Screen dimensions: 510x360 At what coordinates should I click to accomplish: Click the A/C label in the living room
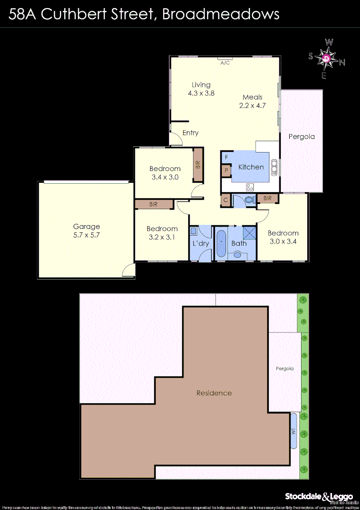(x=225, y=62)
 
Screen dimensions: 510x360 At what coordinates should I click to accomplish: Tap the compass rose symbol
(x=327, y=59)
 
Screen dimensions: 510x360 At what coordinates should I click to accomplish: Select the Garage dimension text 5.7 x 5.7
(x=86, y=235)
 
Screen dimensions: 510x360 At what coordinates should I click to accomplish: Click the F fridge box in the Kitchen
(x=226, y=157)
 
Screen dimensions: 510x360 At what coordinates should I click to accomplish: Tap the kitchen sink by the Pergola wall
(x=274, y=167)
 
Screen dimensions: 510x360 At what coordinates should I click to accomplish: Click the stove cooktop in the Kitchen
(x=250, y=186)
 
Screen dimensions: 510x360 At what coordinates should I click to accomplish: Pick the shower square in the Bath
(x=249, y=232)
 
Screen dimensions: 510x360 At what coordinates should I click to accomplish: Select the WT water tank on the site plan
(x=294, y=431)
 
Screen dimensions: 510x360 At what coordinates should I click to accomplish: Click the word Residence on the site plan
(x=214, y=393)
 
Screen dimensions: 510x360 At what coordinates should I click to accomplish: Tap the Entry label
(x=191, y=133)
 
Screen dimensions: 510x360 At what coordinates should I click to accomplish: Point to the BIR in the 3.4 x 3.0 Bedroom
(x=198, y=165)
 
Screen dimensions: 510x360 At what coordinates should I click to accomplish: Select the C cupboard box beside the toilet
(x=226, y=200)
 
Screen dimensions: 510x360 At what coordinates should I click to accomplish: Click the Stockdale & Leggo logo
(x=318, y=497)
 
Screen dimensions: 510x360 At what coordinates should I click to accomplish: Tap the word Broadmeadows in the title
(x=220, y=14)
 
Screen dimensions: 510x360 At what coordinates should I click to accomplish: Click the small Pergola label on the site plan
(x=285, y=369)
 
